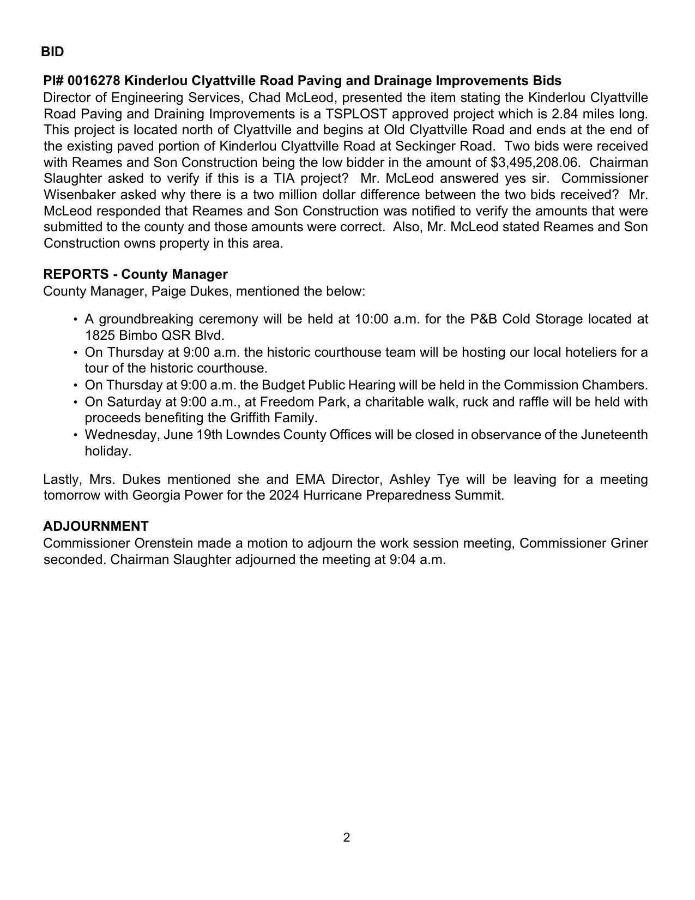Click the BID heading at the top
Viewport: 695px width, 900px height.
[52, 52]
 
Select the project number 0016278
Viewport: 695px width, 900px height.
[94, 81]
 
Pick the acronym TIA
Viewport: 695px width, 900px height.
[285, 178]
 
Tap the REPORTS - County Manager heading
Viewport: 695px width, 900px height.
[135, 274]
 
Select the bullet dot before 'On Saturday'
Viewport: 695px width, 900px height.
[75, 403]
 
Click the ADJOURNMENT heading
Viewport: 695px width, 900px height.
[96, 526]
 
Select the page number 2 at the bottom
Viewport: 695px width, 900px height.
[347, 837]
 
